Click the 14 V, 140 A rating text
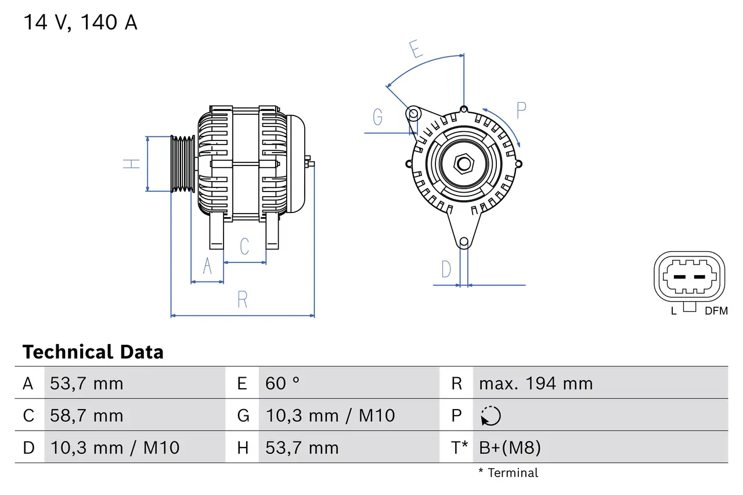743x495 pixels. pyautogui.click(x=80, y=23)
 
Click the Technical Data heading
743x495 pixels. pyautogui.click(x=93, y=352)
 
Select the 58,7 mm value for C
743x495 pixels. pyautogui.click(x=86, y=415)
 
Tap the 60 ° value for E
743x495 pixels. pyautogui.click(x=283, y=384)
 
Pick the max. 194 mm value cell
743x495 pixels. pyautogui.click(x=536, y=384)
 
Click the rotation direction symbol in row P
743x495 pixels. pyautogui.click(x=490, y=416)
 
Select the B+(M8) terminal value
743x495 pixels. pyautogui.click(x=510, y=447)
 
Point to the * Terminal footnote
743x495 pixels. pyautogui.click(x=508, y=473)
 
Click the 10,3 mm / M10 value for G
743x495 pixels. pyautogui.click(x=330, y=415)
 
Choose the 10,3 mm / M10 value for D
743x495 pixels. pyautogui.click(x=114, y=447)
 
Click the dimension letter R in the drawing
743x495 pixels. pyautogui.click(x=243, y=299)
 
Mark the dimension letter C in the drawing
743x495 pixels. pyautogui.click(x=244, y=246)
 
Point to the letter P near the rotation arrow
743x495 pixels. pyautogui.click(x=521, y=110)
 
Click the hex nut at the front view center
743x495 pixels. pyautogui.click(x=463, y=164)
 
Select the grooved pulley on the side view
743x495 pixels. pyautogui.click(x=182, y=164)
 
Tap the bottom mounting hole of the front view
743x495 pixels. pyautogui.click(x=463, y=242)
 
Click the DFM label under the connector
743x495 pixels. pyautogui.click(x=716, y=311)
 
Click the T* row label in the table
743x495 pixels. pyautogui.click(x=460, y=447)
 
